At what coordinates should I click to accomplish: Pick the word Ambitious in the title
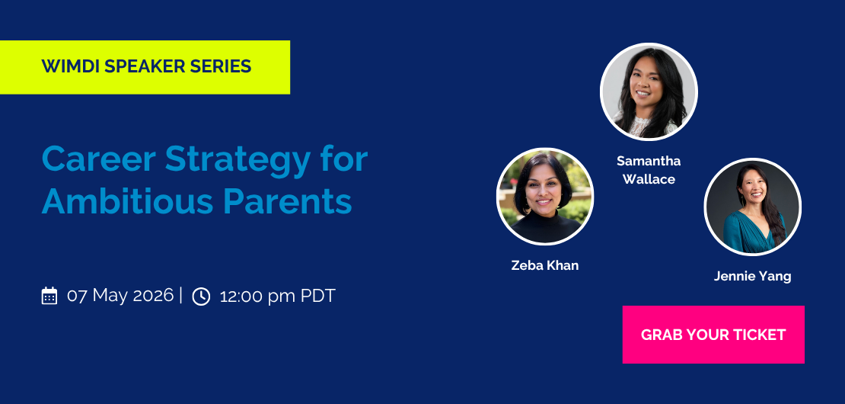[x=127, y=202]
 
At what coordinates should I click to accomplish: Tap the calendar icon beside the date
[x=49, y=296]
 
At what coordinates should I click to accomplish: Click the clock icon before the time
[x=201, y=296]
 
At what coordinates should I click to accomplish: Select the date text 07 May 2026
[x=120, y=296]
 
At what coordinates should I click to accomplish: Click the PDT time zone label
[x=318, y=296]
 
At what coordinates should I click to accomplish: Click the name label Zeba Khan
[x=545, y=265]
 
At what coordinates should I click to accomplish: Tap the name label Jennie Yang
[x=752, y=276]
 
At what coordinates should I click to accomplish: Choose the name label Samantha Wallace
[x=649, y=170]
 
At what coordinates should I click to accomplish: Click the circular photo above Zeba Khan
[x=545, y=197]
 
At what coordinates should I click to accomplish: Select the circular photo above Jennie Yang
[x=752, y=207]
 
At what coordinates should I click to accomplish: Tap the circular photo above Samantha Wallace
[x=649, y=91]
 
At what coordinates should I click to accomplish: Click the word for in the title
[x=344, y=159]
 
